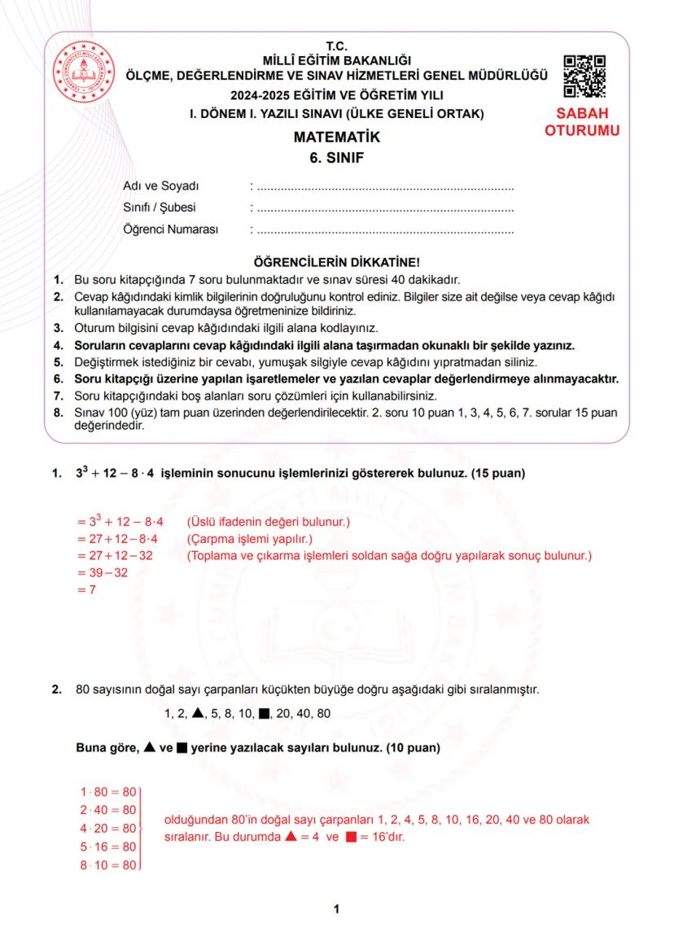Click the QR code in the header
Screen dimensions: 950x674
tap(584, 76)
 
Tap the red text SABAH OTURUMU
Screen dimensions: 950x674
tap(582, 121)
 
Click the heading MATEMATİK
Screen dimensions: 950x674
tap(336, 138)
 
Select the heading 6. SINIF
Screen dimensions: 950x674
tap(336, 158)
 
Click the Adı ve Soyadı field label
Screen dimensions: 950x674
tap(160, 187)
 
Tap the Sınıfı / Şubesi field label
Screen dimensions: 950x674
tap(159, 208)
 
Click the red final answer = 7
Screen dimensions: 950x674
tap(82, 590)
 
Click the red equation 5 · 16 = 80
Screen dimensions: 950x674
tap(107, 847)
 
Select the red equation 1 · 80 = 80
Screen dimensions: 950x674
tap(107, 790)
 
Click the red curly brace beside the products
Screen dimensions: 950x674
tap(143, 828)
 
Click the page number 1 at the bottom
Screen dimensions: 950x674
tap(336, 909)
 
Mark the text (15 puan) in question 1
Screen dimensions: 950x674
tap(498, 473)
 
